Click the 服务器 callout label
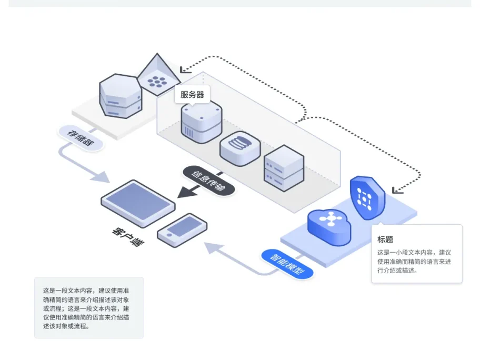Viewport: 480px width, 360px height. point(192,95)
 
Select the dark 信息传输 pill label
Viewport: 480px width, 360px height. point(208,181)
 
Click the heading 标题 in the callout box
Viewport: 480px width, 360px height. point(386,239)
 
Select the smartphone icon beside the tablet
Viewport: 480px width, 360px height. point(183,229)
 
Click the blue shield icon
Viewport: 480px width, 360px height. point(367,197)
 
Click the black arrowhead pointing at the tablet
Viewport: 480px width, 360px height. point(186,193)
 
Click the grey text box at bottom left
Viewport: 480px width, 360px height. point(89,307)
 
